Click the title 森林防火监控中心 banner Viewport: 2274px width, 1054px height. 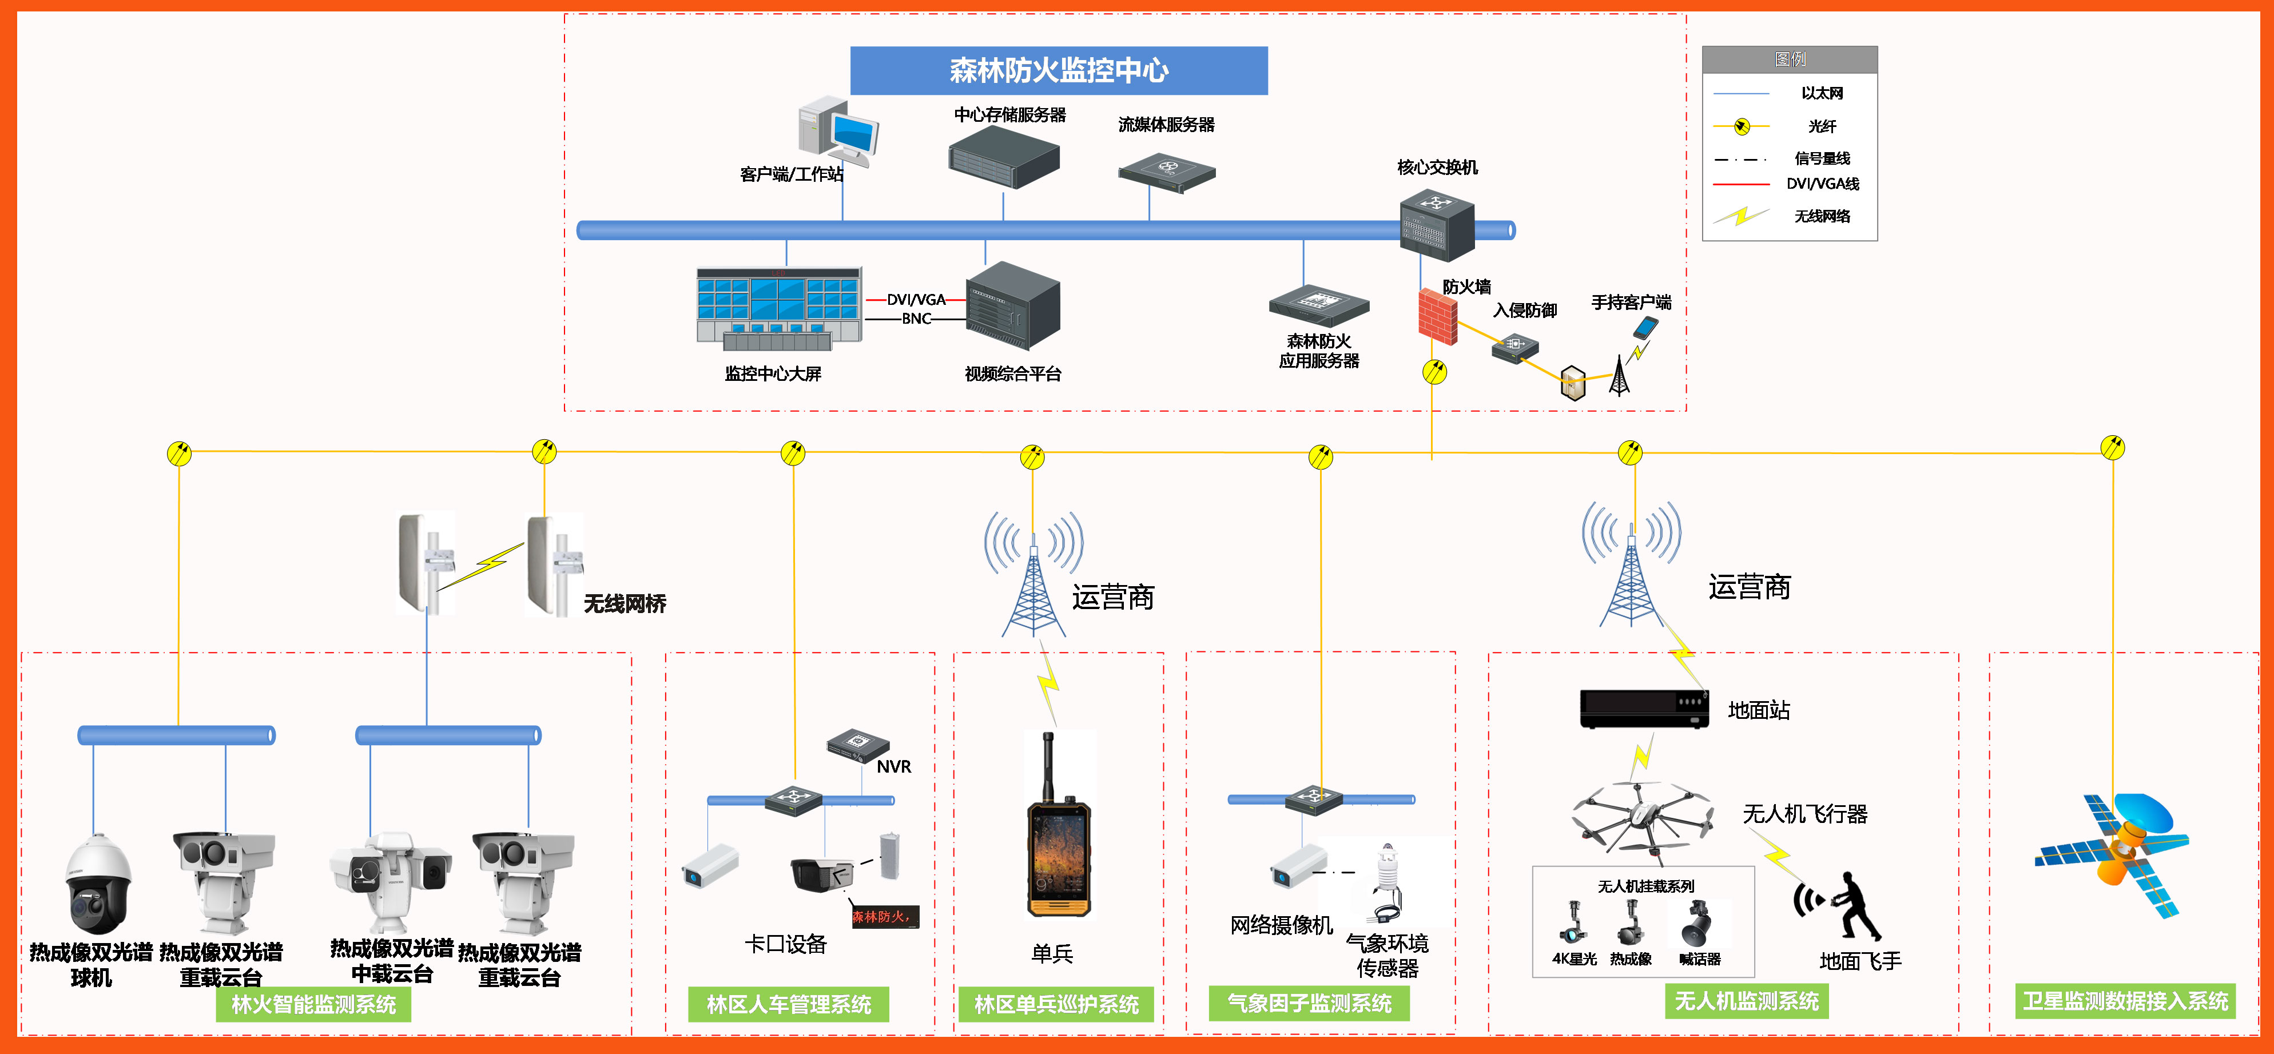tap(1059, 70)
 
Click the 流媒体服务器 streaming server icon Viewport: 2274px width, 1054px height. tap(1167, 171)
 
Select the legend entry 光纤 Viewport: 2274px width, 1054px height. tap(1821, 126)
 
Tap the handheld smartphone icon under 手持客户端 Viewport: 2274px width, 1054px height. tap(1645, 328)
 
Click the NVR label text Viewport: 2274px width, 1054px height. tap(893, 767)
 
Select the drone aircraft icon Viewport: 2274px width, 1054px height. tap(1642, 817)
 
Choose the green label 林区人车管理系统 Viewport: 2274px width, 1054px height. tap(788, 1004)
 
